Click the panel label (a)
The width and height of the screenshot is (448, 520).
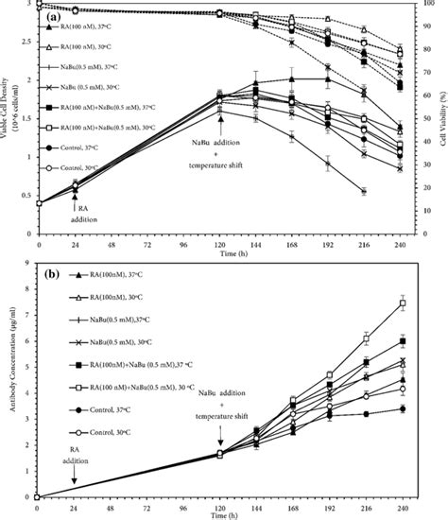[x=55, y=15]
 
